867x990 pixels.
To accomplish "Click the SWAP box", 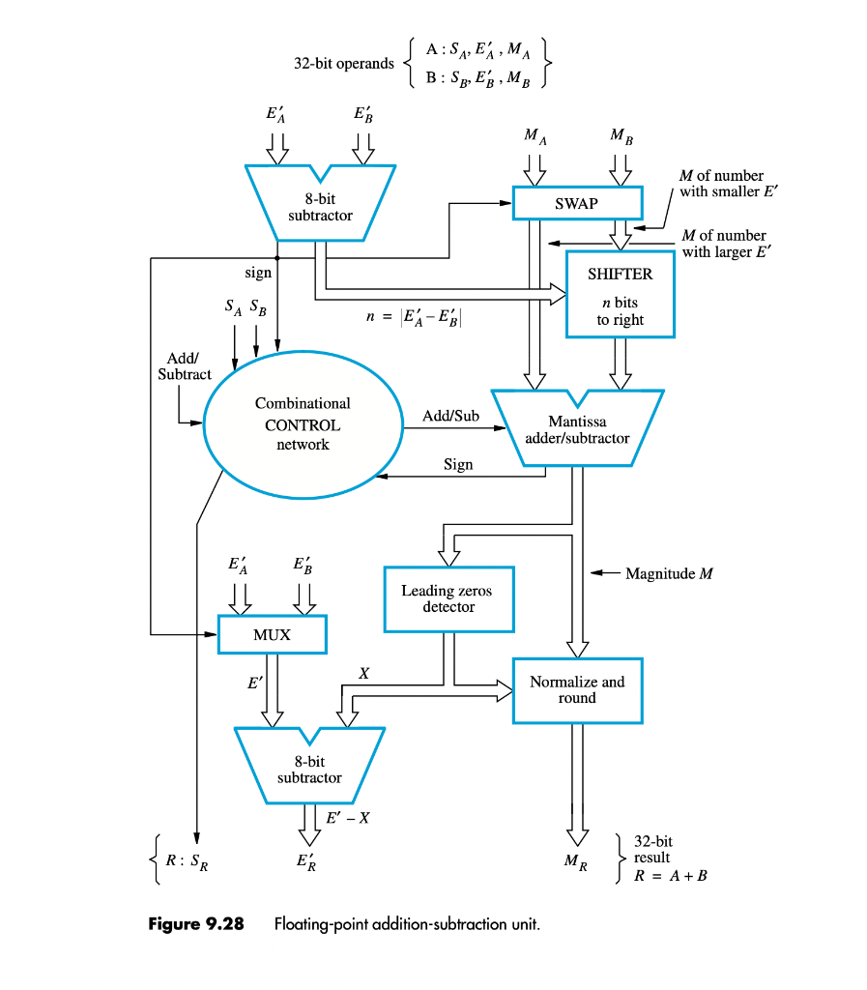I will coord(577,204).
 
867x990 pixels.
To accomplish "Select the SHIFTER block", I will coord(620,294).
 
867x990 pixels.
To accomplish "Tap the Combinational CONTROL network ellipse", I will coord(303,424).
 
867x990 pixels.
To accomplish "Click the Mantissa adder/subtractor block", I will coord(577,429).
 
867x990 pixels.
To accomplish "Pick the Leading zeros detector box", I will coord(448,598).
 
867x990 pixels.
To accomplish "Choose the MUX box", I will coord(272,635).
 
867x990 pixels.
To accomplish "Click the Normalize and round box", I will coord(577,689).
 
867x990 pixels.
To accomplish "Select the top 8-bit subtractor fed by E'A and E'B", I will coord(320,207).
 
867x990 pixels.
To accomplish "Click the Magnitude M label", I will coord(669,573).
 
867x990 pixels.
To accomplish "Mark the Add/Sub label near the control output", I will coord(450,416).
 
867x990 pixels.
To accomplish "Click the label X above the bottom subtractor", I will coord(362,672).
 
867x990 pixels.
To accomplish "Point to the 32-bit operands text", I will coord(344,64).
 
